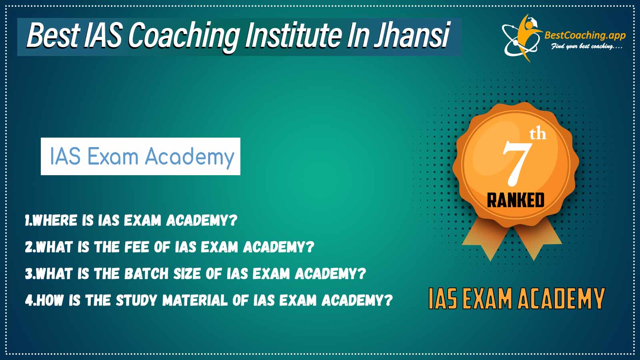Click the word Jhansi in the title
pos(412,36)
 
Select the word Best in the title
pos(52,36)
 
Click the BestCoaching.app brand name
pos(585,36)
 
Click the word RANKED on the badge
pos(516,200)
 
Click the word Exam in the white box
pos(113,157)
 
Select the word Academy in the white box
pos(190,158)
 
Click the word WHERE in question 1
pos(54,220)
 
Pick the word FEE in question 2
pos(137,247)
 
